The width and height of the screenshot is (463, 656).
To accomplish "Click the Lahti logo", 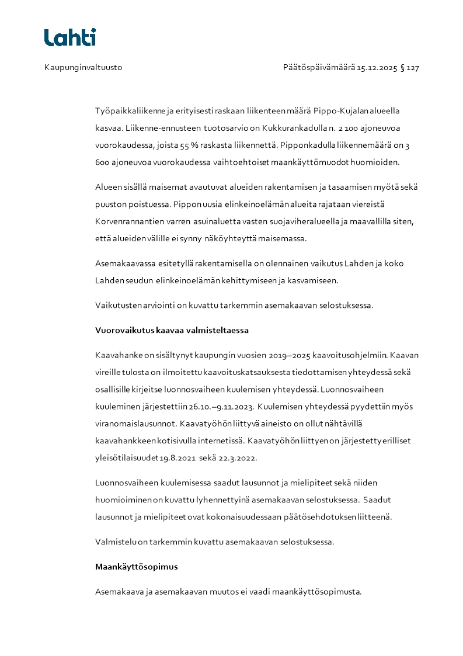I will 70,37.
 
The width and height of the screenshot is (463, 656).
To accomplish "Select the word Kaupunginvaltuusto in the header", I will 83,68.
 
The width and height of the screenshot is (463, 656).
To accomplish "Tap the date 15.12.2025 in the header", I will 377,68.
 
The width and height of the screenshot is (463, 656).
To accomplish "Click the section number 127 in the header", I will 413,68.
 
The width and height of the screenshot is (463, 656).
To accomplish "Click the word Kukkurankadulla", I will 296,128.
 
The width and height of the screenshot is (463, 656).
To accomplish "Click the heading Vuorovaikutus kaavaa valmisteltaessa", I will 172,331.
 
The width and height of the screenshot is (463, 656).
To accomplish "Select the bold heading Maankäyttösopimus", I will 137,567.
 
